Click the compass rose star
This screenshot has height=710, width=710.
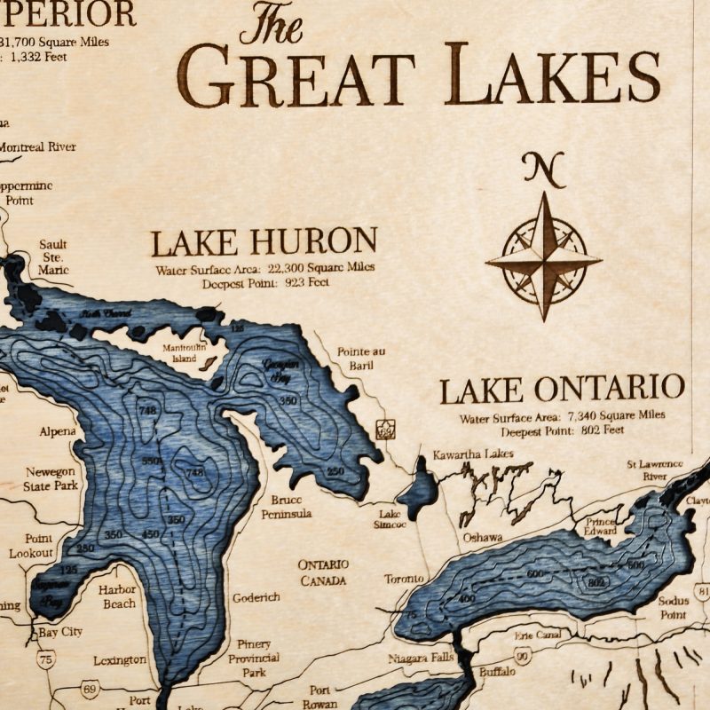pyautogui.click(x=544, y=260)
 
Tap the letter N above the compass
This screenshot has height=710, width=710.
pyautogui.click(x=544, y=169)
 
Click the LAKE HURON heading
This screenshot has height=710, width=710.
pyautogui.click(x=264, y=241)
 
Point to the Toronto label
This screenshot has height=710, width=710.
pyautogui.click(x=405, y=580)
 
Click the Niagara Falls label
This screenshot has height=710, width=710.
pyautogui.click(x=421, y=659)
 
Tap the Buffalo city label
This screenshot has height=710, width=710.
pyautogui.click(x=497, y=672)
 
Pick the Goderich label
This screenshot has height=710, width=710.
pyautogui.click(x=256, y=597)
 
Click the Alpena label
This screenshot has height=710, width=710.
pyautogui.click(x=59, y=432)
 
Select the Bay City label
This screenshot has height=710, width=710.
pyautogui.click(x=61, y=632)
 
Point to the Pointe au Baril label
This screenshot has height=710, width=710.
pyautogui.click(x=361, y=358)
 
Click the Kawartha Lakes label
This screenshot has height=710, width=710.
pyautogui.click(x=473, y=455)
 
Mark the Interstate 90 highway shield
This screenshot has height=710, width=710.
pyautogui.click(x=524, y=656)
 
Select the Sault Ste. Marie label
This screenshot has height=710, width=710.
pyautogui.click(x=53, y=256)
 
